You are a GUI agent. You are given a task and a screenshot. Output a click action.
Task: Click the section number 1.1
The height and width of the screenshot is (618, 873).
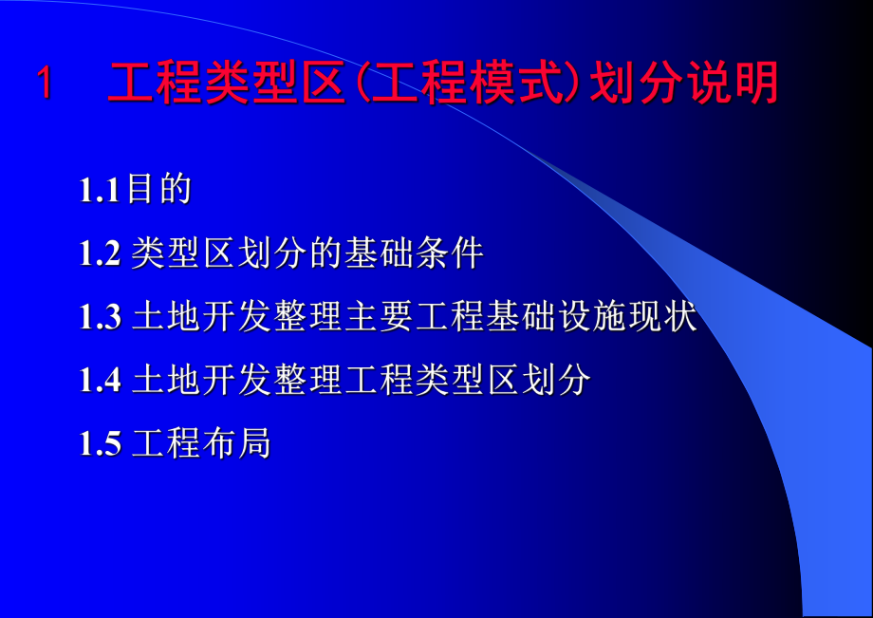coord(100,190)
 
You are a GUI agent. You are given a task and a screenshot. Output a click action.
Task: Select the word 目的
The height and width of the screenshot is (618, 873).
coord(160,190)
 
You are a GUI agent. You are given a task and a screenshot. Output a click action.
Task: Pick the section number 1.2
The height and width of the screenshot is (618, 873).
coord(101,253)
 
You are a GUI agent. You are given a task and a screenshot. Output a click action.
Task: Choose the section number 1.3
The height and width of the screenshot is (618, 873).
coord(101,317)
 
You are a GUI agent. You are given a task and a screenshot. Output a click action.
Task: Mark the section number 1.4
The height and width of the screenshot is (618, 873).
coord(101,381)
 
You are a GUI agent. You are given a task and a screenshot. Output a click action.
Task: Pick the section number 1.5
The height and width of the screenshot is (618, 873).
coord(101,444)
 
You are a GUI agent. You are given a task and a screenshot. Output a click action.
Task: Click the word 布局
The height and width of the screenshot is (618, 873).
coord(237,444)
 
